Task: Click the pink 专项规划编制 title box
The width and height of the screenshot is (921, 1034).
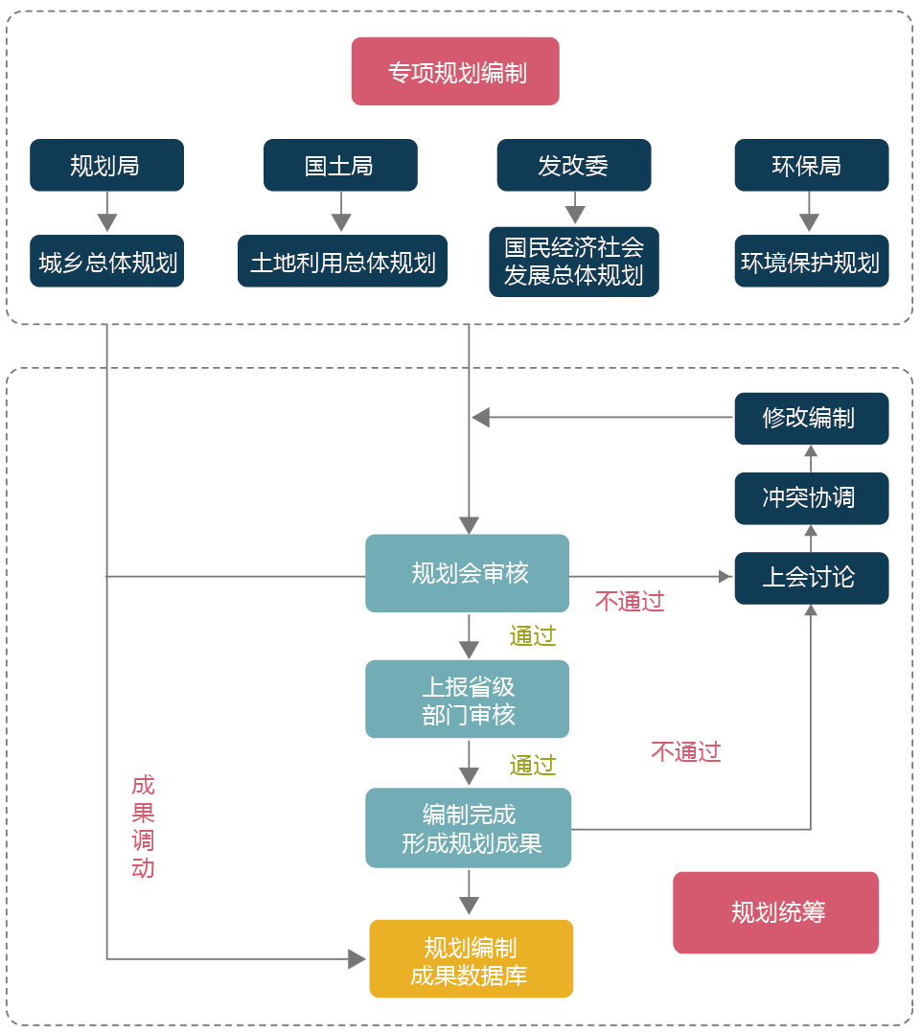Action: (x=455, y=72)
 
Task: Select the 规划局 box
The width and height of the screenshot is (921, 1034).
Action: (x=106, y=165)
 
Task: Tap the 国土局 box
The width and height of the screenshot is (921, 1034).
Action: (x=340, y=165)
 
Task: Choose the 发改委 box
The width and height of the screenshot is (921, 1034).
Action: (x=573, y=165)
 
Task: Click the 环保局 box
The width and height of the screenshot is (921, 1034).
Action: (x=811, y=165)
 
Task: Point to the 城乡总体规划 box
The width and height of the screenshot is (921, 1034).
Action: (x=106, y=262)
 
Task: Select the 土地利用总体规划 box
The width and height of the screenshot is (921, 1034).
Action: (x=342, y=262)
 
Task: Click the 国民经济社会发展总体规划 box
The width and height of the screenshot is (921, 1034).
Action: (x=573, y=262)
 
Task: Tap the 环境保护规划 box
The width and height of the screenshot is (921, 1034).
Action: (x=811, y=262)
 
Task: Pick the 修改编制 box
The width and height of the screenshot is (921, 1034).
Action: (x=811, y=419)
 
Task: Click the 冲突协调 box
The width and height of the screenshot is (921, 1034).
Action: (x=811, y=498)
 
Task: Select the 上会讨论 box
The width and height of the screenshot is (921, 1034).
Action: (x=811, y=578)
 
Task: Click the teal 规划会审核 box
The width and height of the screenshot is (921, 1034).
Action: (x=468, y=573)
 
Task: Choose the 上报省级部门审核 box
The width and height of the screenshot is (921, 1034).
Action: (x=468, y=700)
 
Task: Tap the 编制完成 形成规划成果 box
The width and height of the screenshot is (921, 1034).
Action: (x=468, y=828)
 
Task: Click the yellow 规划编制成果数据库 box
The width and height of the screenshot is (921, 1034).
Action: (x=471, y=959)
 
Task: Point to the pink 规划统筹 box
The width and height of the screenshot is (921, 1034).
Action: (x=775, y=912)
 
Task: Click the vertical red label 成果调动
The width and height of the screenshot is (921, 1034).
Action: (x=143, y=827)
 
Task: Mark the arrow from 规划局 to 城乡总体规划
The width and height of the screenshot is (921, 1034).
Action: (x=106, y=212)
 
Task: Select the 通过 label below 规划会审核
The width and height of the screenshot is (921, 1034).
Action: (x=532, y=636)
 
